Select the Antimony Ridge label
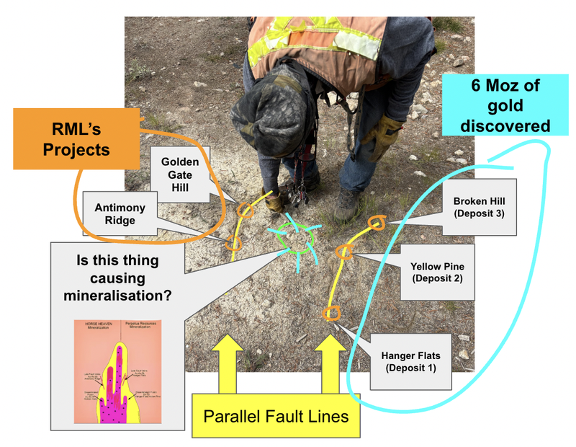point(120,214)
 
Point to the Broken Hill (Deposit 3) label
point(479,208)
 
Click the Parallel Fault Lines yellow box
point(276,417)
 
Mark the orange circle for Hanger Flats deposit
point(332,313)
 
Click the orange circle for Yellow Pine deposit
point(344,252)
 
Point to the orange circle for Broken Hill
point(377,222)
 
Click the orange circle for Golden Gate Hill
point(246,210)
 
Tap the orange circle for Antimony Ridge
point(233,243)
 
